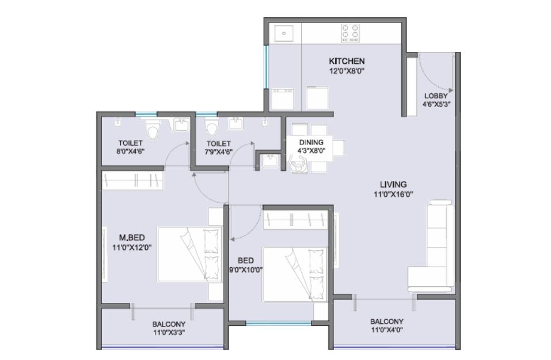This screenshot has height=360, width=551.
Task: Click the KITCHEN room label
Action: [x=347, y=61]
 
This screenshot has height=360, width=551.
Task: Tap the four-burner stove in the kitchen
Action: [x=350, y=32]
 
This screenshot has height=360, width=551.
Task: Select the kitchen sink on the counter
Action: [x=283, y=33]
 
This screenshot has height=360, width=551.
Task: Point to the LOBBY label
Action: [x=436, y=96]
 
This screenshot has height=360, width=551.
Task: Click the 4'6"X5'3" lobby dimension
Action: [x=436, y=104]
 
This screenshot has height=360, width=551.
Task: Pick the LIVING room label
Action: [x=393, y=184]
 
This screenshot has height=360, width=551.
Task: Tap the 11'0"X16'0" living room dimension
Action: [x=393, y=194]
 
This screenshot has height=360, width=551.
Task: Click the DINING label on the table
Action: [x=311, y=142]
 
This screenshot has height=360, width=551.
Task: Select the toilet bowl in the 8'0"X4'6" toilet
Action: [x=152, y=130]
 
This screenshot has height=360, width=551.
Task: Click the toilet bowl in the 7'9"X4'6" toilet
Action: [x=211, y=128]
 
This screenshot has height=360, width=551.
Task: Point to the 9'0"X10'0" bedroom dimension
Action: [x=246, y=270]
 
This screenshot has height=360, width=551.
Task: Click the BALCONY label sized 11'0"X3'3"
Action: [x=169, y=324]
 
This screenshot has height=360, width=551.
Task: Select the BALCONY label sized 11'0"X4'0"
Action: [x=386, y=321]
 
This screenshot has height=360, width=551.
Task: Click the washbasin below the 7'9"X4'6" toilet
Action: [x=269, y=162]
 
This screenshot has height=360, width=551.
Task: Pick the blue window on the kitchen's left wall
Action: [x=266, y=67]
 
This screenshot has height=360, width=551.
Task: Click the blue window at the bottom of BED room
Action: [x=278, y=324]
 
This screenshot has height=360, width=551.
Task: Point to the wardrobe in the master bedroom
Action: [x=132, y=180]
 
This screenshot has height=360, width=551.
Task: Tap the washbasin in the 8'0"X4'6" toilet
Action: [x=181, y=125]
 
